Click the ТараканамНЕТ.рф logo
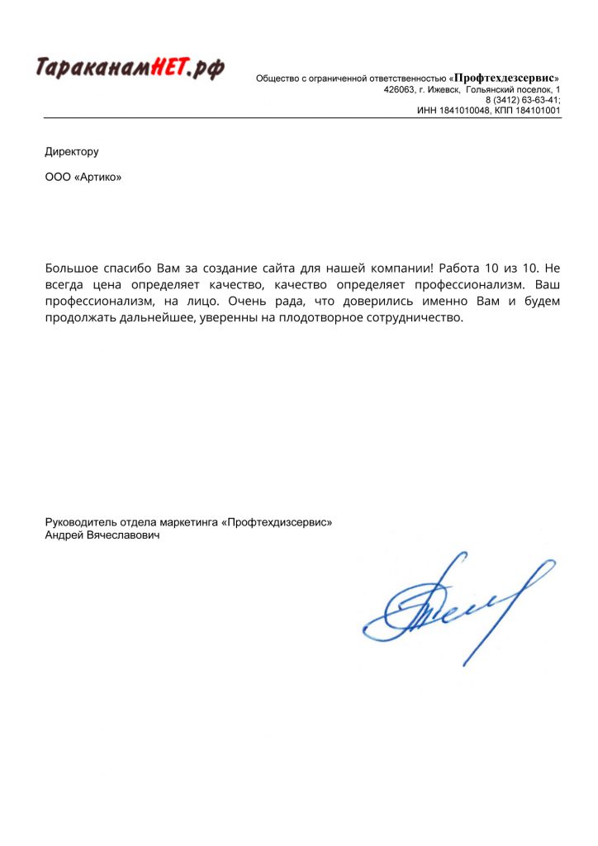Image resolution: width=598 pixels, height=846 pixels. pos(130,68)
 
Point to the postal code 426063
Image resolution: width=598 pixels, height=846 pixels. pos(401,89)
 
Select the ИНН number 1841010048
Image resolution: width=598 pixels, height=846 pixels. pos(465,110)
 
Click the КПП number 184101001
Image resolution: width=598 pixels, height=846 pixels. pos(539,110)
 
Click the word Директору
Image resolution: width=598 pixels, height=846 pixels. pos(72,151)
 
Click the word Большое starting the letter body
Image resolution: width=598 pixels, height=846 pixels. pos(73,269)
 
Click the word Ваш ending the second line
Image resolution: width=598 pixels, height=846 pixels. pos(548,285)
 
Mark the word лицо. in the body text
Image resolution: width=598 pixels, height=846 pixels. pos(202,302)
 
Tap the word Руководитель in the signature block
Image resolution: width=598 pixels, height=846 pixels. pos(81,522)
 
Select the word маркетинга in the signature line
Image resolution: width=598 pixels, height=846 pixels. pos(191,522)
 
